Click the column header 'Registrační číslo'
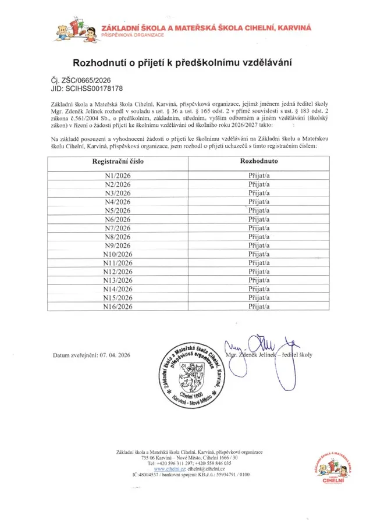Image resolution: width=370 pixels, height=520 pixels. click(119, 163)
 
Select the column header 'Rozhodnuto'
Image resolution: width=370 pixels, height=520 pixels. click(258, 163)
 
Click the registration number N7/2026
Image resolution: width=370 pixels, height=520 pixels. click(118, 227)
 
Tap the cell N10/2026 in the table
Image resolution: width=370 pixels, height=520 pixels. click(118, 254)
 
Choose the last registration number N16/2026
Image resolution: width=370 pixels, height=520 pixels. click(118, 306)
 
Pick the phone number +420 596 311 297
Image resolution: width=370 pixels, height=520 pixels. click(176, 463)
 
